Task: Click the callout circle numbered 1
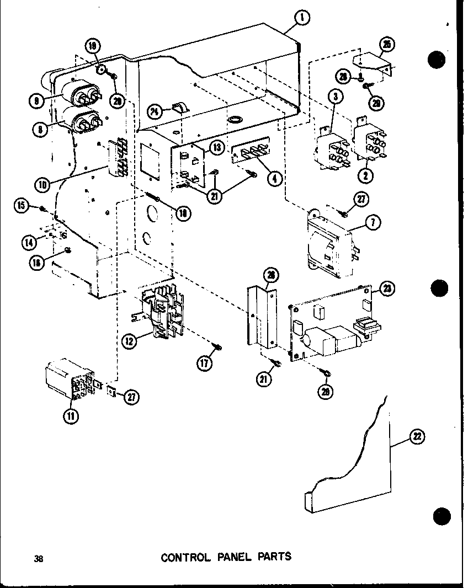tap(302, 18)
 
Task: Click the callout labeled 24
tap(155, 112)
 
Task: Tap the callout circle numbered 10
tap(42, 185)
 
